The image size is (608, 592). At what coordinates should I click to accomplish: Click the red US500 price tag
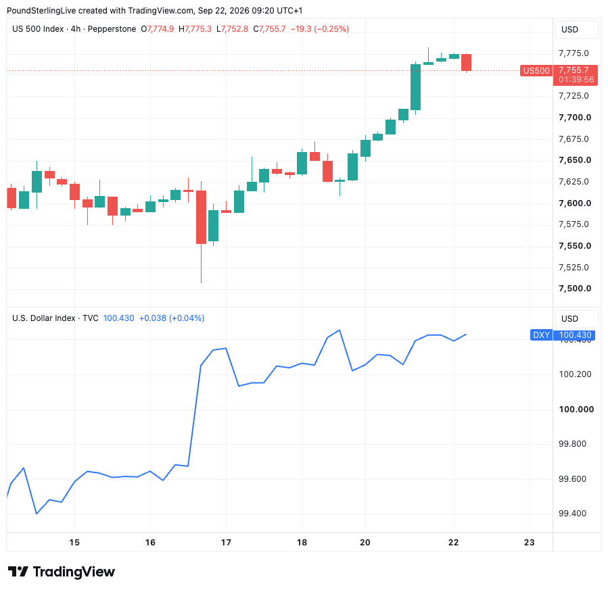tap(536, 71)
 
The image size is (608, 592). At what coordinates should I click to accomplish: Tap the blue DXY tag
tap(541, 335)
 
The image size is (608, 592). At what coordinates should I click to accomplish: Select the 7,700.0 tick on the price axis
tap(575, 118)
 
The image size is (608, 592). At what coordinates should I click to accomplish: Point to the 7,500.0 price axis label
tap(575, 289)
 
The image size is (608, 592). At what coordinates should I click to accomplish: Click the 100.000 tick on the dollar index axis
tap(576, 410)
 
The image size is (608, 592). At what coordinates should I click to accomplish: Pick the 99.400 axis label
tap(572, 514)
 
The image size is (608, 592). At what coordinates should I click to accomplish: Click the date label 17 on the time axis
tap(226, 543)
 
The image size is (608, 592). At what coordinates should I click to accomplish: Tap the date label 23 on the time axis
tap(530, 543)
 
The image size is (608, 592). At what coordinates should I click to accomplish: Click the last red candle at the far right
tap(466, 62)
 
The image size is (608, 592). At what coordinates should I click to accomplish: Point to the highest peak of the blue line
tap(340, 330)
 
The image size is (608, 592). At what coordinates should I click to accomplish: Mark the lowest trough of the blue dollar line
tap(37, 514)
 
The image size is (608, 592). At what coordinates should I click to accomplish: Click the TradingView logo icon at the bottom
tap(18, 572)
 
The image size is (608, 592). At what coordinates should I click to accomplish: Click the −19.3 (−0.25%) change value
tap(319, 29)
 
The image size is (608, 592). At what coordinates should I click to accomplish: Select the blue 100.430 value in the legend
tap(118, 318)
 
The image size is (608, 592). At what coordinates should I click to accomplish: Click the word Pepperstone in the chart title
tap(112, 29)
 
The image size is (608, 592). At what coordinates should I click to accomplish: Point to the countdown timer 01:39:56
tap(576, 80)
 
